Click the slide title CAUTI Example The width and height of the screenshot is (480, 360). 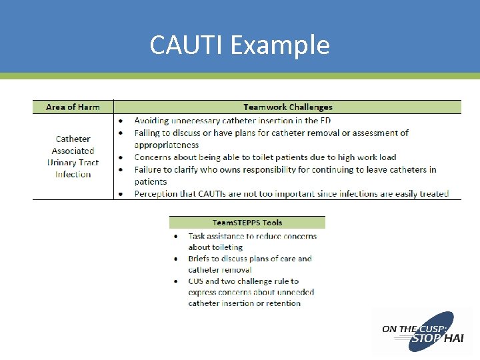pyautogui.click(x=239, y=45)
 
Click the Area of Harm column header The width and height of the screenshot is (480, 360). pyautogui.click(x=73, y=107)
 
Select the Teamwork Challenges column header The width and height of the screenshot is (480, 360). pyautogui.click(x=287, y=107)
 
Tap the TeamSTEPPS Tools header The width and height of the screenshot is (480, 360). pyautogui.click(x=247, y=223)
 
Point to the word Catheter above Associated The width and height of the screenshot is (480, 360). pyautogui.click(x=73, y=139)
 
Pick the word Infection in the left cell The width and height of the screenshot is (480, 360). pyautogui.click(x=73, y=175)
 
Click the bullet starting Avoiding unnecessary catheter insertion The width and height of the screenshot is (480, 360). pyautogui.click(x=232, y=121)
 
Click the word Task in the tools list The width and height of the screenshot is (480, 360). pyautogui.click(x=197, y=236)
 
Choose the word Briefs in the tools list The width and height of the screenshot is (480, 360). pyautogui.click(x=199, y=259)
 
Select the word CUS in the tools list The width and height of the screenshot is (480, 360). pyautogui.click(x=196, y=281)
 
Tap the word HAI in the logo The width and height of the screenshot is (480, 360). pyautogui.click(x=453, y=339)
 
